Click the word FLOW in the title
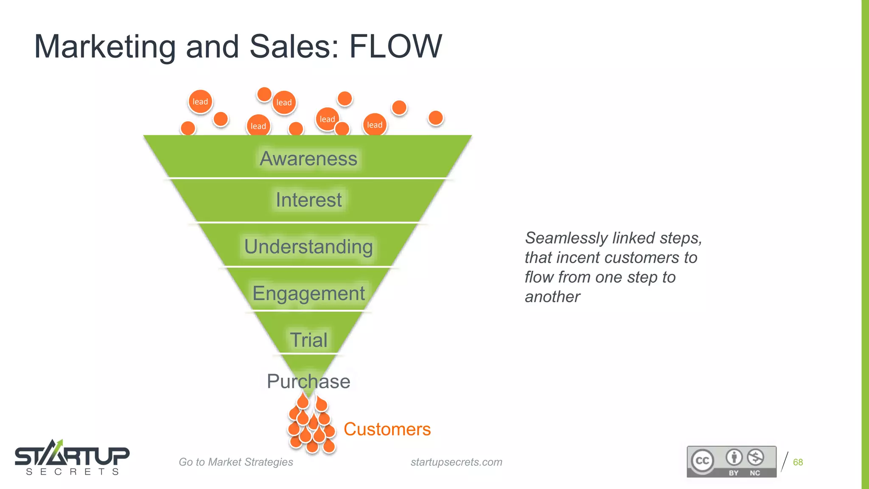tap(395, 46)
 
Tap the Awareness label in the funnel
tap(308, 159)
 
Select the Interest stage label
tap(308, 200)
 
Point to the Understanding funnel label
tap(308, 247)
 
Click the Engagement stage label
tap(308, 293)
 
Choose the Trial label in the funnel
tap(308, 340)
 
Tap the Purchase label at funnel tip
tap(308, 381)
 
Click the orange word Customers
tap(387, 429)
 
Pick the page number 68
tap(798, 462)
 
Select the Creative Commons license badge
tap(732, 461)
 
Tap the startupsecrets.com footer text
tap(456, 462)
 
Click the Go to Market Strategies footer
tap(236, 462)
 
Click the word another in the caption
tap(552, 297)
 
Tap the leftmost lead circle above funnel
tap(200, 102)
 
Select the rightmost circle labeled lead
tap(375, 125)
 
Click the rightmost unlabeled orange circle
tap(436, 118)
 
